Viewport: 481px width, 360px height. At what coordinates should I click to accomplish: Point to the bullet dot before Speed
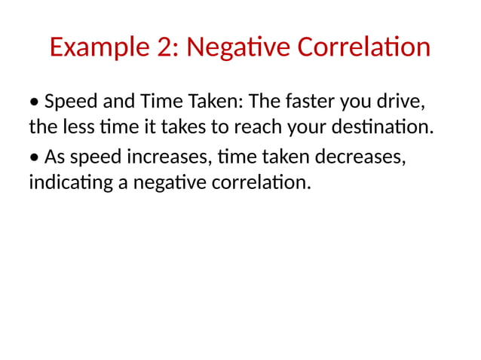pos(35,102)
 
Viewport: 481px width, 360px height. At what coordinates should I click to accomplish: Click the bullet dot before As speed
pos(35,157)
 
